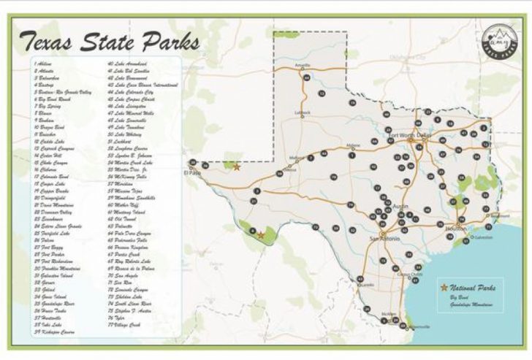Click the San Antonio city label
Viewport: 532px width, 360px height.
(384, 238)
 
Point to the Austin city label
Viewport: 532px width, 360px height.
(399, 207)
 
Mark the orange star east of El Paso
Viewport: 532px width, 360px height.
(236, 167)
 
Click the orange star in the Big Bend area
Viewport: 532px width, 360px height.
(261, 234)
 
